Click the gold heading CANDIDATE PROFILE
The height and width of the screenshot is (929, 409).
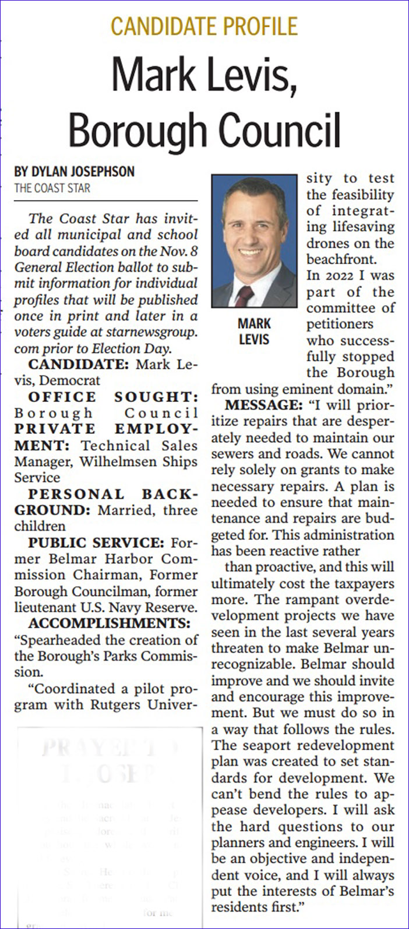tap(204, 26)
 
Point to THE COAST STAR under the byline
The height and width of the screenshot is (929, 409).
tap(52, 188)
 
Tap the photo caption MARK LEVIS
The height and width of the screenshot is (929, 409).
tap(254, 331)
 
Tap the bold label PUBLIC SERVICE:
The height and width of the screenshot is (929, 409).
tap(96, 543)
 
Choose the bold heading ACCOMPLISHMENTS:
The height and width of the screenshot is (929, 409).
tap(110, 624)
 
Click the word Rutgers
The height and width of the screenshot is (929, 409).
tap(128, 705)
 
